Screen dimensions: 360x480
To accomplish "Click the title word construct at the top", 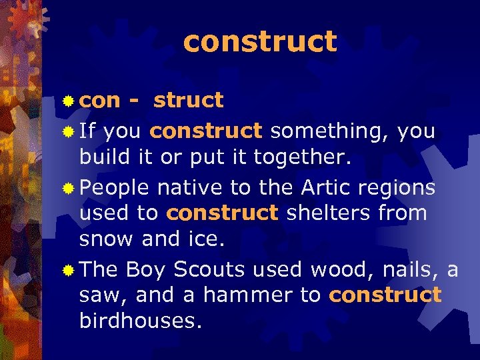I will point(260,41).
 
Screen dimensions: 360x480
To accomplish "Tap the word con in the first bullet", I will point(100,101).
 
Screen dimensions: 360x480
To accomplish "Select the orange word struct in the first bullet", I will point(188,100).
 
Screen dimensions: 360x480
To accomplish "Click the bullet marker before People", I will point(68,189).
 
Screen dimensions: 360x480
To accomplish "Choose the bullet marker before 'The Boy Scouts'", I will point(68,270).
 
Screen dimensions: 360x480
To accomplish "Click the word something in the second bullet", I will point(330,131).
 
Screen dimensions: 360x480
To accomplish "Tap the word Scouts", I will point(204,269).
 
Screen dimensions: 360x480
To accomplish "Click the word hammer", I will point(243,295).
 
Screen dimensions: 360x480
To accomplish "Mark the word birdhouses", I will point(139,321).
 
